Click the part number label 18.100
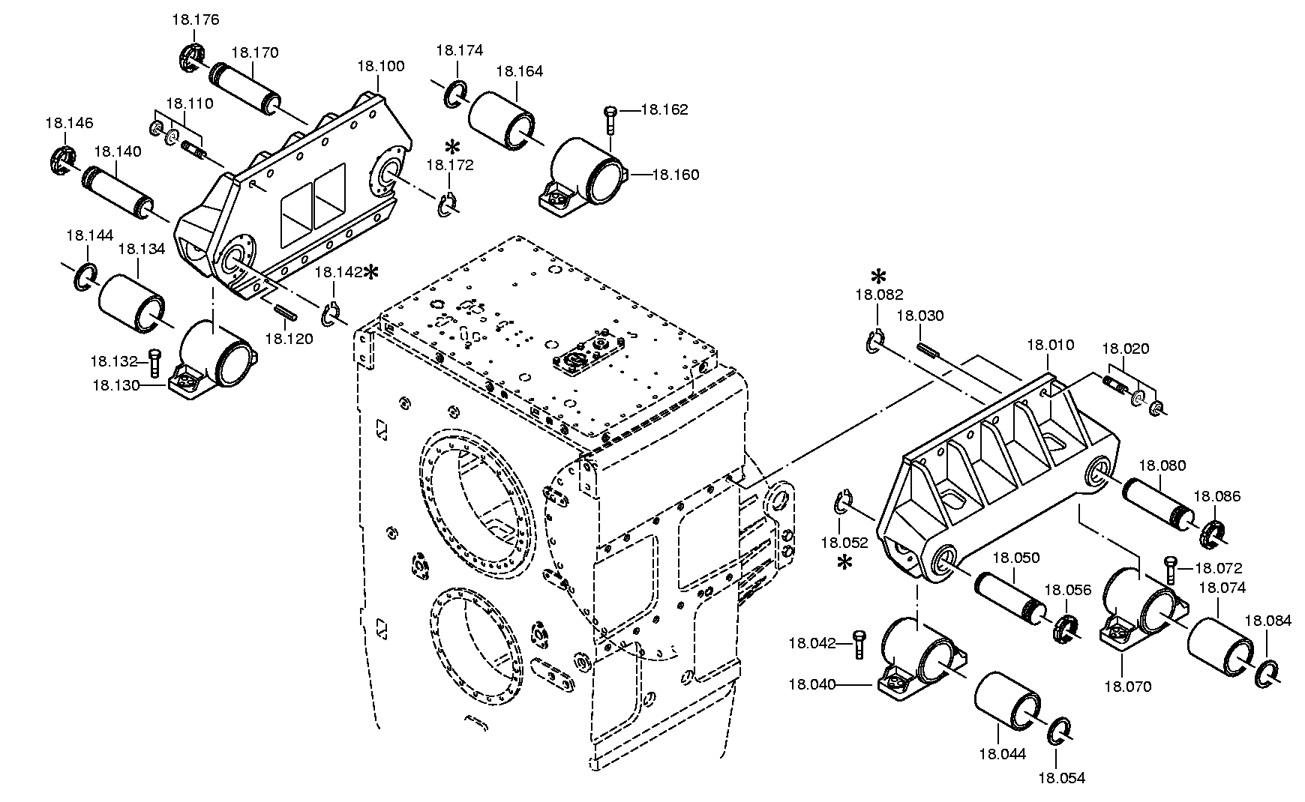(x=380, y=66)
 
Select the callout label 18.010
(x=1050, y=345)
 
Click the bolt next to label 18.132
(x=155, y=363)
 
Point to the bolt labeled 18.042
(x=859, y=645)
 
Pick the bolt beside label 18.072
(x=1171, y=571)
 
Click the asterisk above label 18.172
(x=451, y=147)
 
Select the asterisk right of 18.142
(x=370, y=272)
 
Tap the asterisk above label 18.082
(x=878, y=275)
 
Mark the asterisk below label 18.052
(x=844, y=562)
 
